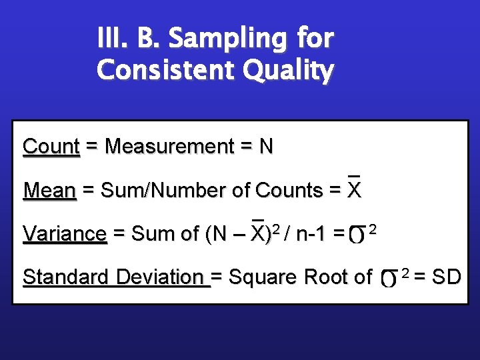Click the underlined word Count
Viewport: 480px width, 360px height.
pyautogui.click(x=51, y=147)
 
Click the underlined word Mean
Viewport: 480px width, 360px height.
pyautogui.click(x=50, y=191)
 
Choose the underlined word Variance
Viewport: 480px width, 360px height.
pyautogui.click(x=65, y=234)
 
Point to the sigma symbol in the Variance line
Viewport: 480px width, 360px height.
pyautogui.click(x=359, y=235)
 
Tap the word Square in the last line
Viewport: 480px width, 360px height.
pyautogui.click(x=258, y=277)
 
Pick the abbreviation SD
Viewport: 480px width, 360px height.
pyautogui.click(x=446, y=277)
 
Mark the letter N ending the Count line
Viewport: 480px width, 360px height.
pyautogui.click(x=266, y=147)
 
